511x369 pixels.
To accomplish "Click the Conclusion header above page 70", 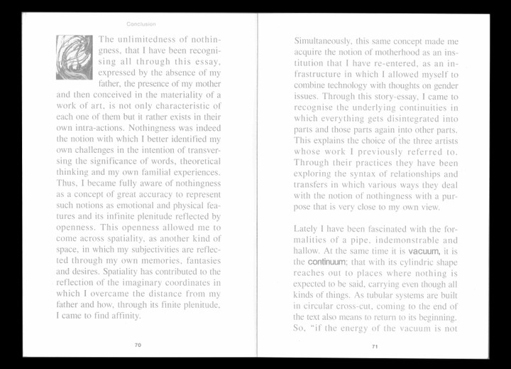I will (x=141, y=23).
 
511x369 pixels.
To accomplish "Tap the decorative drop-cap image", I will (x=75, y=57).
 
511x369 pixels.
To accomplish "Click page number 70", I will (x=138, y=344).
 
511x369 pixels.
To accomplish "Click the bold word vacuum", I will (x=424, y=252).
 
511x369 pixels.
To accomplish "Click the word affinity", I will (x=121, y=315).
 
